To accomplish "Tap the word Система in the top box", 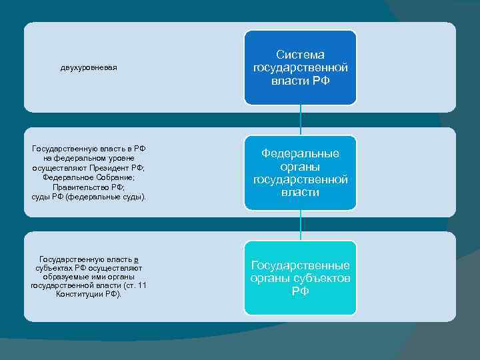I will (300, 55).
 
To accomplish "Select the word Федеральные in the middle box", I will (300, 153).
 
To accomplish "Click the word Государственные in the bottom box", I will (300, 265).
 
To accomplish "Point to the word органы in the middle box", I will (300, 167).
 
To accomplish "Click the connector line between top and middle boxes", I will (301, 120).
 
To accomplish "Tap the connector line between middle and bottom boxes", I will (301, 224).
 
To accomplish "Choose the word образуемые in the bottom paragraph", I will (65, 277).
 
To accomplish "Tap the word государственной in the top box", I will (300, 68).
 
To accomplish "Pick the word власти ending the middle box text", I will (300, 193).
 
